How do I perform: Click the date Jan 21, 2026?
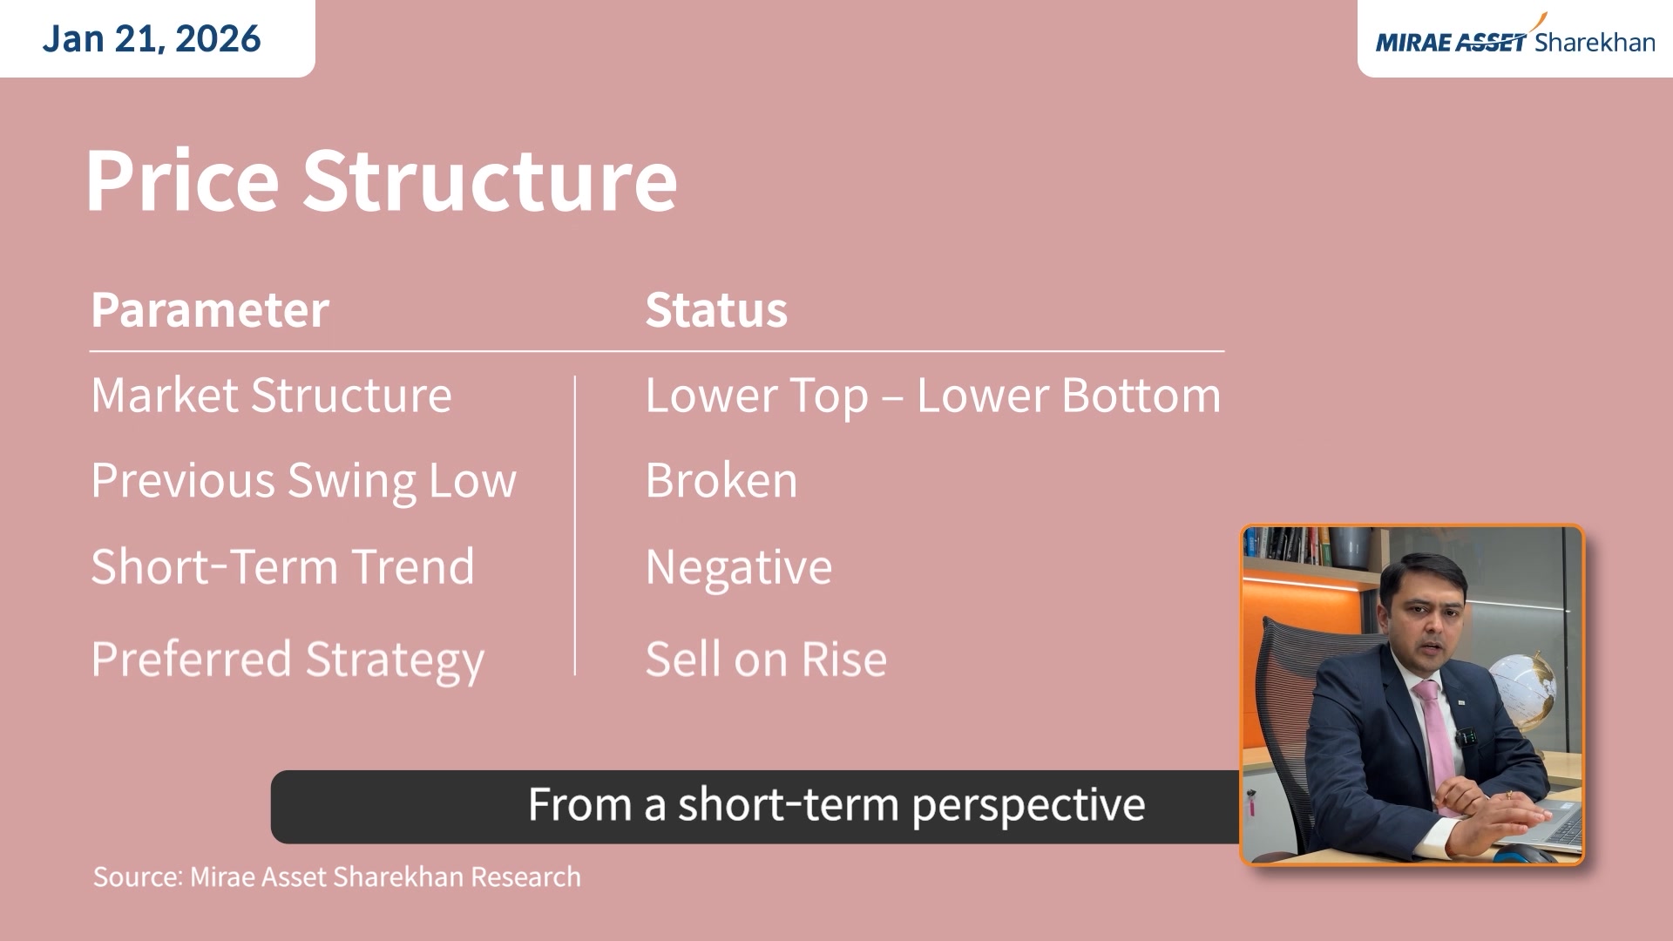[x=152, y=39]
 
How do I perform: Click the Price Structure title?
[x=381, y=179]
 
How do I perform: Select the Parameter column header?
[x=210, y=310]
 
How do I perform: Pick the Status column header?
[x=716, y=310]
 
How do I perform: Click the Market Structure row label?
[x=272, y=395]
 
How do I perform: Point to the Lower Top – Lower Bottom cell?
[x=933, y=396]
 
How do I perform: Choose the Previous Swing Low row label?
[x=304, y=482]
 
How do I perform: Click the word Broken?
[x=721, y=481]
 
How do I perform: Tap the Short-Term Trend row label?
[x=283, y=566]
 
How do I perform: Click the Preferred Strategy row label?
[x=288, y=660]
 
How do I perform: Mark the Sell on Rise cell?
[x=766, y=659]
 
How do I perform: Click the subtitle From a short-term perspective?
[x=836, y=804]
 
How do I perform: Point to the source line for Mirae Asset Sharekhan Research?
[x=337, y=877]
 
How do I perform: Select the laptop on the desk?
[x=1542, y=819]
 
